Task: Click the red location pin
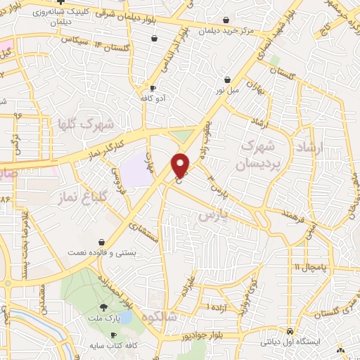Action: point(181,165)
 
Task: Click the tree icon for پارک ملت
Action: point(104,307)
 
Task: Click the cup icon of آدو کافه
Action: point(153,88)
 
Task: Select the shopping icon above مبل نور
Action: point(226,80)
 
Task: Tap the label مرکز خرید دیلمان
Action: point(226,31)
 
